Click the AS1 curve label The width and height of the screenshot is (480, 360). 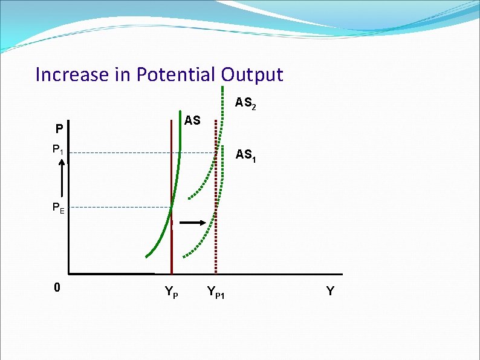click(x=245, y=155)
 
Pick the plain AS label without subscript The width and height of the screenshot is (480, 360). click(x=192, y=120)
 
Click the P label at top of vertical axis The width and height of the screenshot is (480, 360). click(x=58, y=129)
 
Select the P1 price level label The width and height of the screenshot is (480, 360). click(x=58, y=149)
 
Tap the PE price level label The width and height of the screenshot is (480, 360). click(x=58, y=208)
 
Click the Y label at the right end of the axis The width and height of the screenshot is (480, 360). click(x=329, y=291)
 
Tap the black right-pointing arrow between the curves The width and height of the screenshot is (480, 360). click(x=193, y=223)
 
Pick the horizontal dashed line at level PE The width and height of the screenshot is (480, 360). click(x=121, y=208)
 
